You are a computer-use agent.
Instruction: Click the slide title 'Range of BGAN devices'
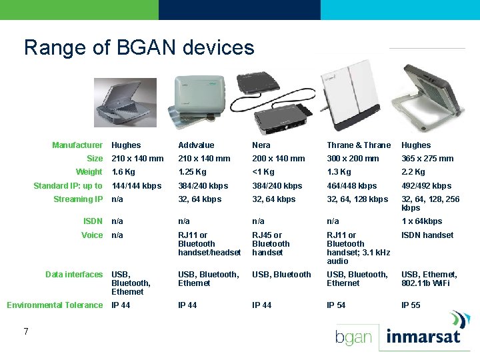click(139, 47)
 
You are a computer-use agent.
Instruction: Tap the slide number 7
click(25, 331)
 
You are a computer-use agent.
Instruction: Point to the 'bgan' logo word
click(353, 337)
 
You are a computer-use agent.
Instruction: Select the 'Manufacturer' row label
click(77, 145)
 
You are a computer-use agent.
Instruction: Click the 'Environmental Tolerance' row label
click(55, 305)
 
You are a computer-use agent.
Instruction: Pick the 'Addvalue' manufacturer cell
click(196, 145)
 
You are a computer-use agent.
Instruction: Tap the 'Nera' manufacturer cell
click(261, 145)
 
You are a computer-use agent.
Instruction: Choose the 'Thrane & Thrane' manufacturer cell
click(359, 145)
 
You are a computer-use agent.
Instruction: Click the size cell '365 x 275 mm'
click(427, 159)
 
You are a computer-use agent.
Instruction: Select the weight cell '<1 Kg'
click(263, 172)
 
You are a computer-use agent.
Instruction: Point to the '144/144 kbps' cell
click(136, 186)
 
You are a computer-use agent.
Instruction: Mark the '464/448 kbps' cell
click(351, 186)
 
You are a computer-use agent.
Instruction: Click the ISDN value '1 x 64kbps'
click(421, 221)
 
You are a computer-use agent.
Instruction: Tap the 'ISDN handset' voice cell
click(427, 235)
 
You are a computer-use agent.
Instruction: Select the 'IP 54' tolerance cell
click(336, 305)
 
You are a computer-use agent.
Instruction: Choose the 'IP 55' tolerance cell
click(411, 305)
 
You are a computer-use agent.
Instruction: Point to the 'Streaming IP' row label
click(79, 199)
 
